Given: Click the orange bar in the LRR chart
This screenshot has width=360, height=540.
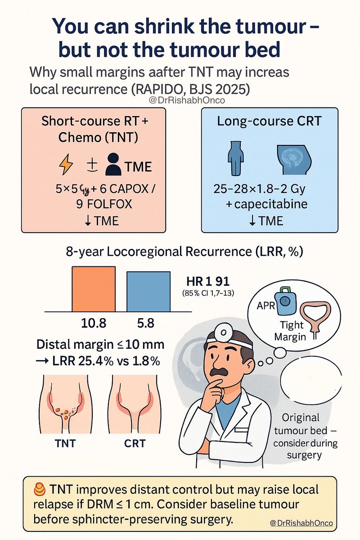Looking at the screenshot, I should pos(94,288).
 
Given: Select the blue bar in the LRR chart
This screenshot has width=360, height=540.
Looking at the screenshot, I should pos(148,291).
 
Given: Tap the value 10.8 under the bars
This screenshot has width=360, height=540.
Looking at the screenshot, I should pos(94,324).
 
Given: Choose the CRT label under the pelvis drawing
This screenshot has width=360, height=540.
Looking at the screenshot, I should pos(135,443).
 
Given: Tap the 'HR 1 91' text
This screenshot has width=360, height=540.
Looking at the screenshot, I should pos(208,282).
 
